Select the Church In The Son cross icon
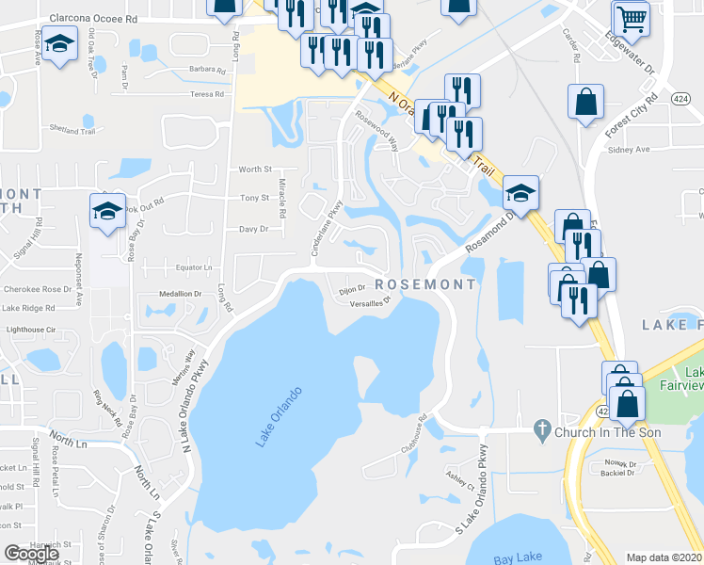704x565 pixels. (541, 430)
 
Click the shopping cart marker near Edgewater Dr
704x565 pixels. (631, 18)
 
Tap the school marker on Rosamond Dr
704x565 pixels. (520, 193)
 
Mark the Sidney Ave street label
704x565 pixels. (630, 150)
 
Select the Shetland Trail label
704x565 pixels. (73, 131)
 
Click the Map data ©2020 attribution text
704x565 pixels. (664, 557)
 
